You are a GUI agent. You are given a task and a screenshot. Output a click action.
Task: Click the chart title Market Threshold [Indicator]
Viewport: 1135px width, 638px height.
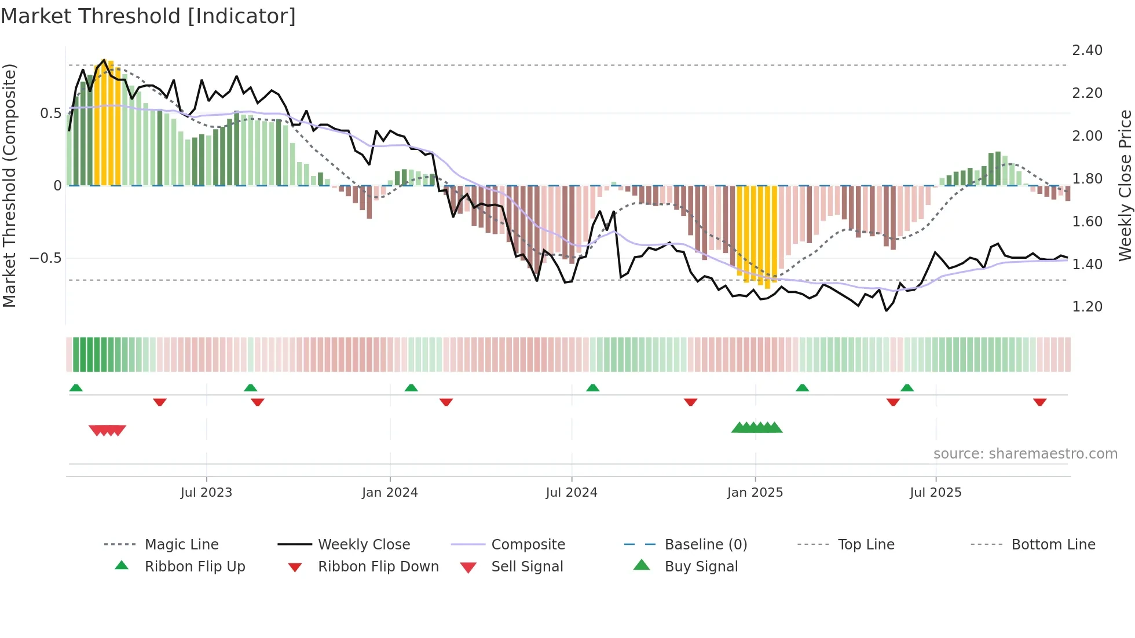coord(148,16)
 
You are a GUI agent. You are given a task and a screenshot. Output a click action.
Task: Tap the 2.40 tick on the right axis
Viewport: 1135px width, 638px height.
coord(1087,50)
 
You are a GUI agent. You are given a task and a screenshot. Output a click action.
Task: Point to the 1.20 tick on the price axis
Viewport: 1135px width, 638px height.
coord(1087,307)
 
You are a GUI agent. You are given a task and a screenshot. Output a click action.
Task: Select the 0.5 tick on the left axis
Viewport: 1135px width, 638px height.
coord(50,113)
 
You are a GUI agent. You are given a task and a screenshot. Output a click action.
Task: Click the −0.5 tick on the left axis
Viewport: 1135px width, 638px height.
coord(46,258)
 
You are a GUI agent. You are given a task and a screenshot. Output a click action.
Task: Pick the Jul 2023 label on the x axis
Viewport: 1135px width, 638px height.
coord(206,493)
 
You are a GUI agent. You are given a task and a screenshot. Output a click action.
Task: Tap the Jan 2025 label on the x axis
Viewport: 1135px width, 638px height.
coord(755,493)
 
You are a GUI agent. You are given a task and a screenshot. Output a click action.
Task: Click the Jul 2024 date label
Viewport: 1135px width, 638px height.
coord(571,493)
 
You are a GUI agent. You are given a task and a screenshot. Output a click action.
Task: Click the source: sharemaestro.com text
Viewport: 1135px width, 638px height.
coord(1025,454)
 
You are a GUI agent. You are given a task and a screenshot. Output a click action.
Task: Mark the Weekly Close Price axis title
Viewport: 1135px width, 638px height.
coord(1125,185)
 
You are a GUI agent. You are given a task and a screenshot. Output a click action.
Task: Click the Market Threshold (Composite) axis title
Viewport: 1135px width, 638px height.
coord(9,185)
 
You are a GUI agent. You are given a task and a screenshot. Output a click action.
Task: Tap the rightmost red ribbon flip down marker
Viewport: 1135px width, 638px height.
coord(1039,402)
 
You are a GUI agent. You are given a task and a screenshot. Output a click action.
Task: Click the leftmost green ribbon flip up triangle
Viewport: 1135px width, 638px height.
coord(76,388)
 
